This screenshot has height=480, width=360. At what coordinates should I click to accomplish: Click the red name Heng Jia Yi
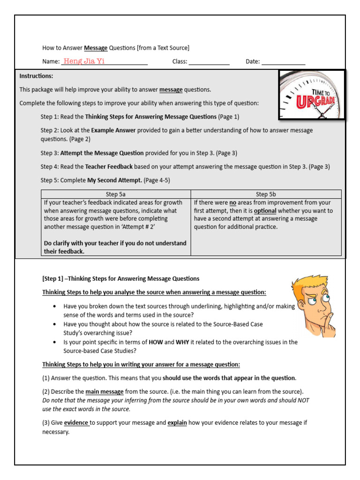tap(84, 61)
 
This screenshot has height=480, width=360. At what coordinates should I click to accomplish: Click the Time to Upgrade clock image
tap(312, 94)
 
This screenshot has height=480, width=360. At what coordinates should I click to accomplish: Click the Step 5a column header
tap(116, 194)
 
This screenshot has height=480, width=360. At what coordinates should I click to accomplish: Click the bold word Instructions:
tap(36, 76)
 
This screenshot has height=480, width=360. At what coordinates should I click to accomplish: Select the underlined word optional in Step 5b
tap(265, 211)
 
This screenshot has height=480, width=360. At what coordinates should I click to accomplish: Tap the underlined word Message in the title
tap(96, 48)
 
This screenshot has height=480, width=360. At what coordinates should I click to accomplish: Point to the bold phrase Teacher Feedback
tap(109, 166)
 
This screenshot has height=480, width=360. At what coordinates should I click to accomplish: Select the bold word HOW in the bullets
tap(156, 342)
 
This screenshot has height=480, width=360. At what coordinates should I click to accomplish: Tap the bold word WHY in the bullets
tap(182, 342)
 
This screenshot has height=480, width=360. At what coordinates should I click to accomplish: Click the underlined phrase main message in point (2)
tap(104, 392)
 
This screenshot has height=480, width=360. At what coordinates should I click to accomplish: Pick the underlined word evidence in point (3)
tap(76, 423)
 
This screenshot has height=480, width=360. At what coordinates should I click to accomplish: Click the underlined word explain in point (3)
tap(177, 423)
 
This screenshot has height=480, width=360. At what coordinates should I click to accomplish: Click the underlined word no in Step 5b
tap(232, 203)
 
